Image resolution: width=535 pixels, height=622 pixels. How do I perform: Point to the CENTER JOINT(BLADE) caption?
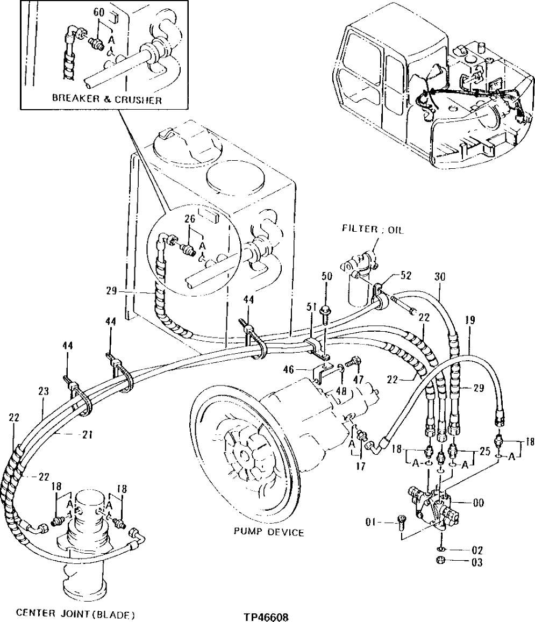pyautogui.click(x=75, y=612)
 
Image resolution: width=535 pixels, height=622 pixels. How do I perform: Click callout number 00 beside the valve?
pyautogui.click(x=477, y=504)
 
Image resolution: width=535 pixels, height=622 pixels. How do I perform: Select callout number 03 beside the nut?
pyautogui.click(x=476, y=563)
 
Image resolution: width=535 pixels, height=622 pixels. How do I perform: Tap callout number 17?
pyautogui.click(x=360, y=467)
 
